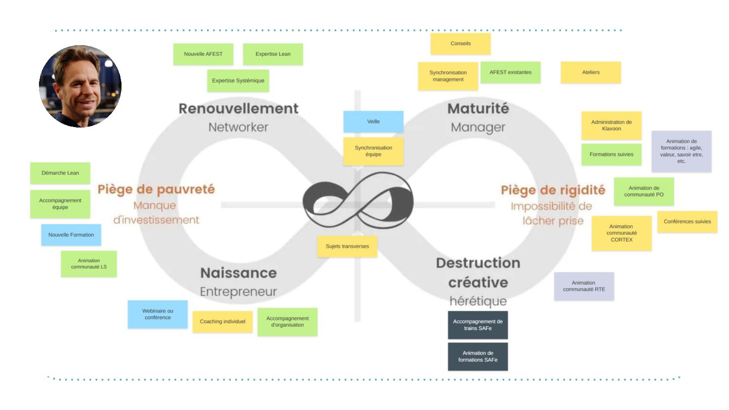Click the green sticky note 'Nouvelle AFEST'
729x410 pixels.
pyautogui.click(x=203, y=54)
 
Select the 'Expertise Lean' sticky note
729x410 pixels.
pyautogui.click(x=273, y=54)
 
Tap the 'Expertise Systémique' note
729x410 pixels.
pyautogui.click(x=238, y=80)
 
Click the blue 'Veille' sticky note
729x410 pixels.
pyautogui.click(x=373, y=121)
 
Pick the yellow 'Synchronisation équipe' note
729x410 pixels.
pyautogui.click(x=373, y=151)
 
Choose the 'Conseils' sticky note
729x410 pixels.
pyautogui.click(x=460, y=44)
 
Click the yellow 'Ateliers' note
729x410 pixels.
pyautogui.click(x=590, y=72)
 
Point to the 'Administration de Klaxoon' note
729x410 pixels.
pyautogui.click(x=611, y=126)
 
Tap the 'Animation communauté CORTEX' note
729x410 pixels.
pyautogui.click(x=621, y=233)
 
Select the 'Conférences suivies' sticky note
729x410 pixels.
pyautogui.click(x=687, y=222)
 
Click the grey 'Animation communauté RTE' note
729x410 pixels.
pyautogui.click(x=584, y=286)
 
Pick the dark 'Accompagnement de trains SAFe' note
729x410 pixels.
pyautogui.click(x=477, y=325)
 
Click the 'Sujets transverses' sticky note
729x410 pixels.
pyautogui.click(x=347, y=247)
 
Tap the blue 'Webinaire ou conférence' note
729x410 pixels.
pyautogui.click(x=157, y=314)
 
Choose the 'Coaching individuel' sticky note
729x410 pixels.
pyautogui.click(x=222, y=321)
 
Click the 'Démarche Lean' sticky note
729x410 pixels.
pyautogui.click(x=60, y=173)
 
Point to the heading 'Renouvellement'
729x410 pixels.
pyautogui.click(x=238, y=108)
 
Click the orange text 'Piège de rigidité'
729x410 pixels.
pyautogui.click(x=553, y=190)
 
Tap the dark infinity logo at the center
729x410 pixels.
pyautogui.click(x=358, y=200)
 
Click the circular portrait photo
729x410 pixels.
pyautogui.click(x=80, y=86)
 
